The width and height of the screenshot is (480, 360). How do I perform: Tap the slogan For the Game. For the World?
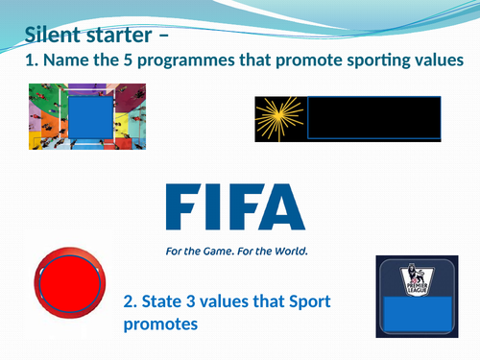tap(235, 254)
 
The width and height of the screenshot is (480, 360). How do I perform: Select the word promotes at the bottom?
tap(160, 325)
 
